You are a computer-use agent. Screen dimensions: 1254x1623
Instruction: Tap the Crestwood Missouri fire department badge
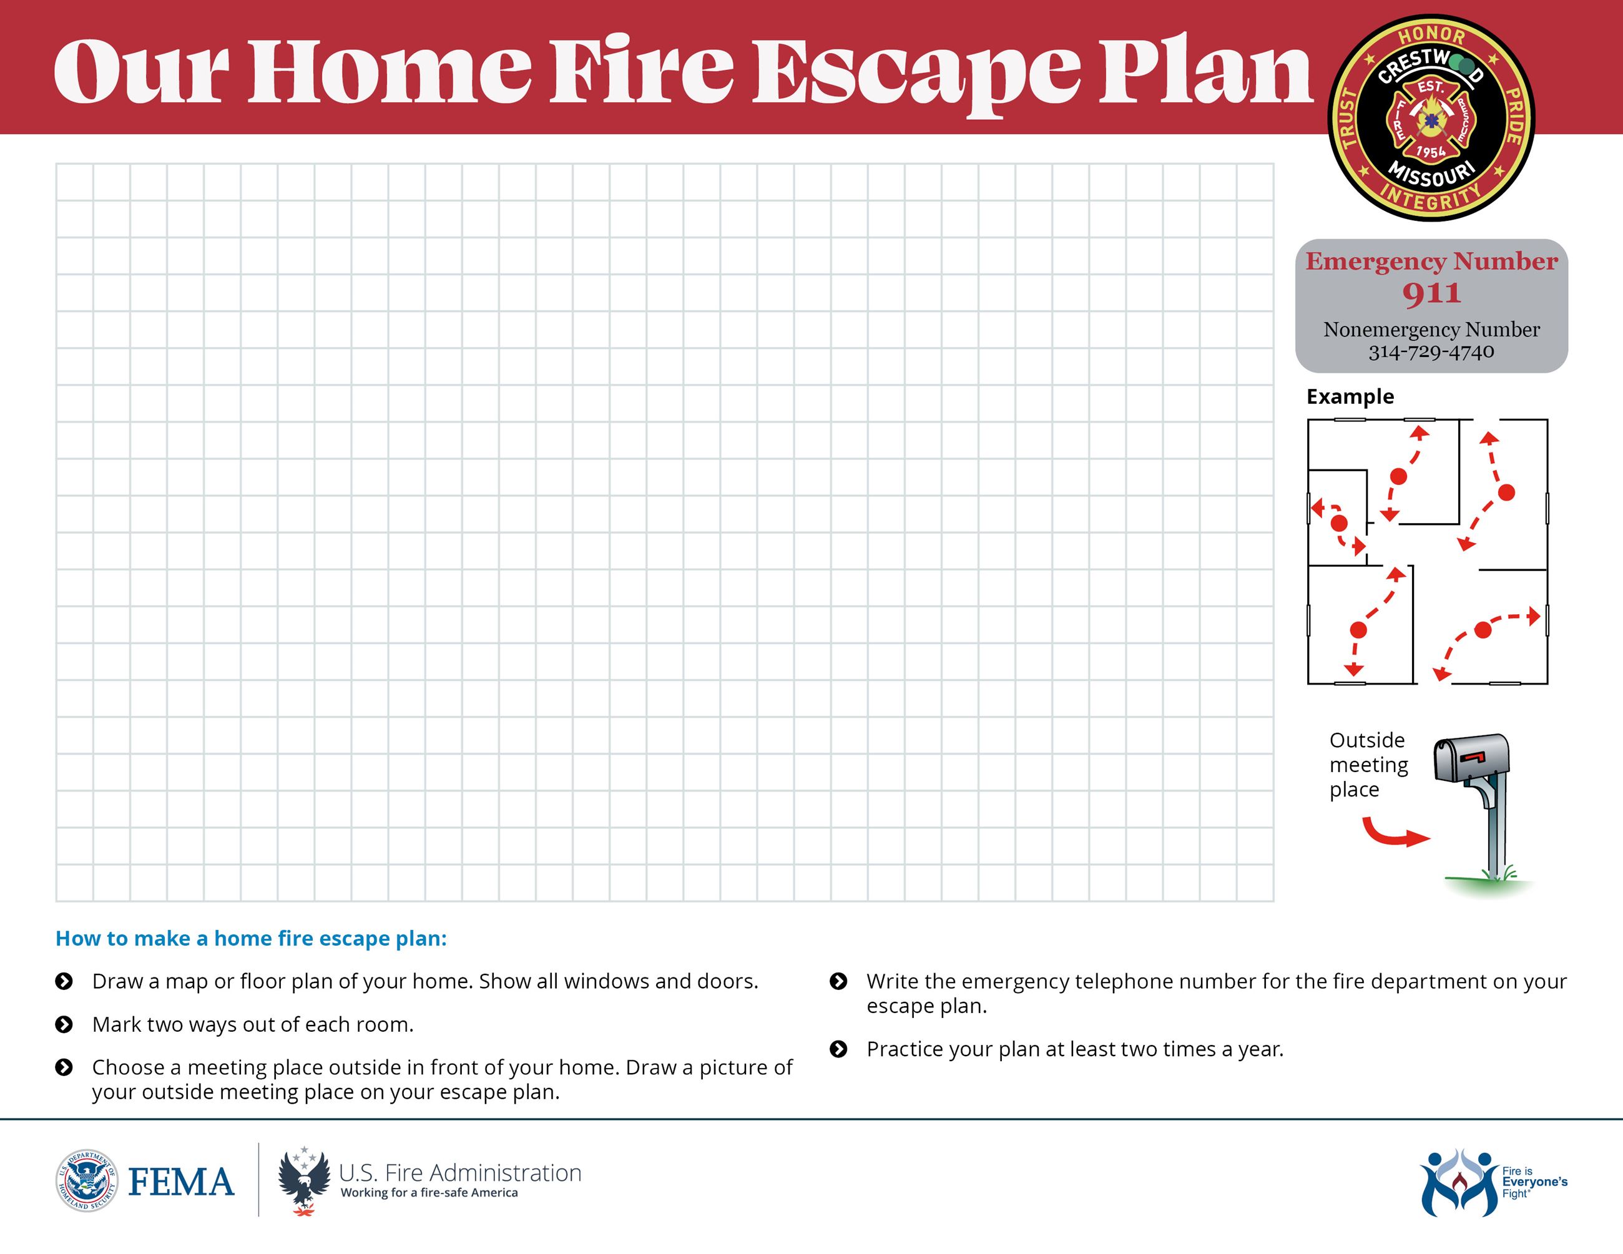[1431, 118]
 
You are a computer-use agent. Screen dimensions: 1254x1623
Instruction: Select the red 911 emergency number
[1431, 293]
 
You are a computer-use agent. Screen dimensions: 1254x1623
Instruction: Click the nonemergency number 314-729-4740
[1431, 351]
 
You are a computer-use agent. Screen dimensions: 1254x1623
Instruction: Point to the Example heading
[1350, 397]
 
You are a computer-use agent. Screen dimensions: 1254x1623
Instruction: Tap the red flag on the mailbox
[1473, 757]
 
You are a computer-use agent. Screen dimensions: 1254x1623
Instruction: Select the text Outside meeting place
[1368, 765]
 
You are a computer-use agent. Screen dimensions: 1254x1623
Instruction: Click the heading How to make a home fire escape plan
[251, 938]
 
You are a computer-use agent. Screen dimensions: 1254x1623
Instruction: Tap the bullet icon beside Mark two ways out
[65, 1024]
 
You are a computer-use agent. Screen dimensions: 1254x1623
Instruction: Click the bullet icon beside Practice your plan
[838, 1049]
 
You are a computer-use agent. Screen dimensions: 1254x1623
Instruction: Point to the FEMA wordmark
[180, 1182]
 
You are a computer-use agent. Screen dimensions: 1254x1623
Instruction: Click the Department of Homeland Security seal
[87, 1181]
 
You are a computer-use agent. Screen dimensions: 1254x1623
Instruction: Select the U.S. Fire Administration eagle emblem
[303, 1181]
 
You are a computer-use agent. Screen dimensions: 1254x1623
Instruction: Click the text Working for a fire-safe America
[429, 1193]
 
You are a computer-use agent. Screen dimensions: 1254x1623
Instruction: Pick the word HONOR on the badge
[1431, 34]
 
